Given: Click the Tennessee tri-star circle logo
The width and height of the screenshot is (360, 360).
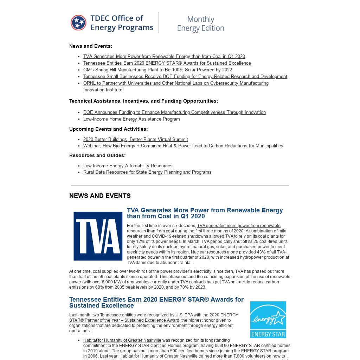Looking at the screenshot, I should coord(78,23).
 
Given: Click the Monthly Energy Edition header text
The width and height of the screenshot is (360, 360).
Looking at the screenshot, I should coord(200,24).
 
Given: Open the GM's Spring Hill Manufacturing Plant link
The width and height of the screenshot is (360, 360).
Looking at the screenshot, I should coord(157,70).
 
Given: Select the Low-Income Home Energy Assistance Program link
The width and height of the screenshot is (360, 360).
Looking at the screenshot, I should coord(131,119).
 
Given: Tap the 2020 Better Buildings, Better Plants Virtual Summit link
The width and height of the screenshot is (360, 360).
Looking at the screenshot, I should coord(135,139).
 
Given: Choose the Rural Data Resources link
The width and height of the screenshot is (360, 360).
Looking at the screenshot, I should coord(147,172).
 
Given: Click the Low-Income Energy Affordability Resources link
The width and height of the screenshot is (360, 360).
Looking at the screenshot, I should coord(128,166).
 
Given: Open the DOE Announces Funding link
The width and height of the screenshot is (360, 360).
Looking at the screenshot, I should coord(174,112).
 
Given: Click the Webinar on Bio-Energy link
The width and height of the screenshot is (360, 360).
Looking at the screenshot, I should coord(183,146).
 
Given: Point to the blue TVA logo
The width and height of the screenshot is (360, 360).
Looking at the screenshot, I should coord(98,236).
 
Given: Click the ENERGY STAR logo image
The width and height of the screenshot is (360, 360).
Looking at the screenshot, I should coord(268,319).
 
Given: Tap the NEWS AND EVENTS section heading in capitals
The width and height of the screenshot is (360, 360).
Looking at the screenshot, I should coord(100,196).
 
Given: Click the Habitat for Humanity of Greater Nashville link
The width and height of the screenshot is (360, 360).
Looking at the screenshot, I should coord(122,340).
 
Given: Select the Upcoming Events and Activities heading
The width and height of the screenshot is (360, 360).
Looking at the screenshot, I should coord(108,129).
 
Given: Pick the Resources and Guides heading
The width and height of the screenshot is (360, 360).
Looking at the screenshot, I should coord(97,155).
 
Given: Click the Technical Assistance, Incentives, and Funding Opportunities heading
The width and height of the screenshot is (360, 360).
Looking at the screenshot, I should coord(143,101).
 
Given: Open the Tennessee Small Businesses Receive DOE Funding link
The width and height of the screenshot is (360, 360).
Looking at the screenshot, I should coord(185,76).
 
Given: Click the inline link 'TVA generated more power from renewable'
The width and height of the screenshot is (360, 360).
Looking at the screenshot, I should coord(239,226).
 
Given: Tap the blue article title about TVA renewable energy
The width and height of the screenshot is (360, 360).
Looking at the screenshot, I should coord(205,213).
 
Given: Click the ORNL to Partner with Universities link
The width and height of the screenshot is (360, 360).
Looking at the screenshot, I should coord(176,83).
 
